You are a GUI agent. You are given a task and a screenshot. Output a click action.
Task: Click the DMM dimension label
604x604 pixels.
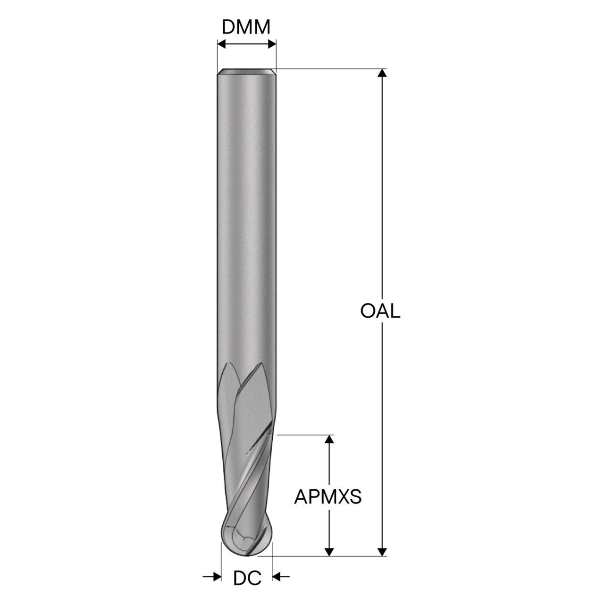click(246, 27)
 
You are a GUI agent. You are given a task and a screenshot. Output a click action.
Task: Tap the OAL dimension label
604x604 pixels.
click(380, 311)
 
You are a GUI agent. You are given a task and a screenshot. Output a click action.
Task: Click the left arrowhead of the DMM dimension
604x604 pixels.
click(222, 44)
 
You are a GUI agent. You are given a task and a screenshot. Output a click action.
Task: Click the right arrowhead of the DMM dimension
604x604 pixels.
click(272, 44)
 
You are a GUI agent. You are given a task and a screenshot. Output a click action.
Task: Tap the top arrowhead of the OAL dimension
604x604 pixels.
click(382, 73)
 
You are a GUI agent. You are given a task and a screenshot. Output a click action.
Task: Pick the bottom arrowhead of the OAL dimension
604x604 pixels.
click(382, 552)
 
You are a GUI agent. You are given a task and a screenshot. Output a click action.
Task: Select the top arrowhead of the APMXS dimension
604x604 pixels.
click(329, 439)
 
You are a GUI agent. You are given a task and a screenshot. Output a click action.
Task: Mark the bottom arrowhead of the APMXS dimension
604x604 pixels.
click(329, 552)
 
